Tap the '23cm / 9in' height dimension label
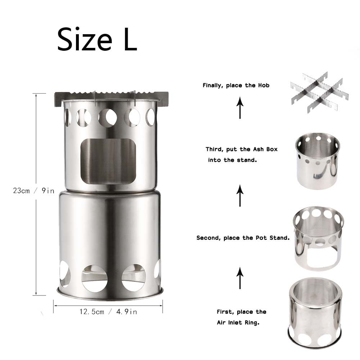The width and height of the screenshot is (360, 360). [x=33, y=191]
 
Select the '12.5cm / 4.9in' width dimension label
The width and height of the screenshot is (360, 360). [x=108, y=312]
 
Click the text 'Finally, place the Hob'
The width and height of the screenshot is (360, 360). [x=236, y=86]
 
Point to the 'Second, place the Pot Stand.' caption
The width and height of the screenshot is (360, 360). [x=243, y=238]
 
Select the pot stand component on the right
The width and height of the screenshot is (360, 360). [x=318, y=238]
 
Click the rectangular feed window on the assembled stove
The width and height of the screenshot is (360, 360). [x=108, y=161]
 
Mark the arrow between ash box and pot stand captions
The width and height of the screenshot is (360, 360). [x=240, y=196]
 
